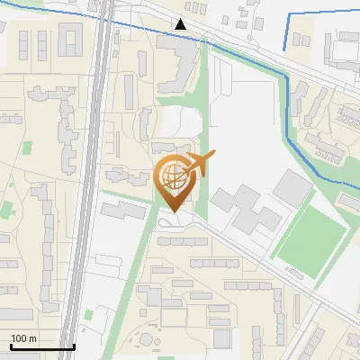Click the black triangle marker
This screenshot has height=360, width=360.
tap(182, 24)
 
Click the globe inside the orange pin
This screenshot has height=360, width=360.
tap(172, 175)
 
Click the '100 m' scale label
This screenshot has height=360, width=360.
tap(23, 338)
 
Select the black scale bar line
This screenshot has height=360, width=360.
tap(41, 346)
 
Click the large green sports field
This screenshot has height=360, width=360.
tap(311, 238)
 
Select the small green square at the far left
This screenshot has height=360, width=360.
tap(27, 147)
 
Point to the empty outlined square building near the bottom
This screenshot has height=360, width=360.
tap(221, 337)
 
